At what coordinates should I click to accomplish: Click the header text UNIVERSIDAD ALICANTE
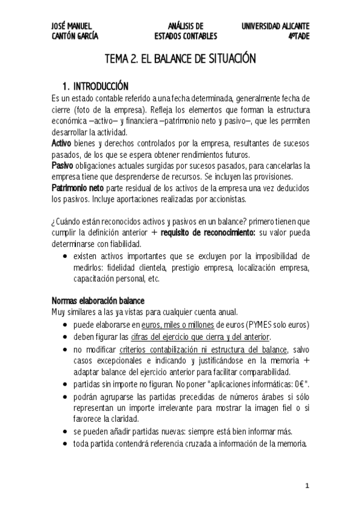point(275,26)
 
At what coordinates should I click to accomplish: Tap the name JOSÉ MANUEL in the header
point(72,26)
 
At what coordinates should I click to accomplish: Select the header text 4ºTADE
point(298,36)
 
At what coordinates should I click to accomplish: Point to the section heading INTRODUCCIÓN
point(101,86)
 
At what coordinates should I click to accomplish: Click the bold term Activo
point(61,143)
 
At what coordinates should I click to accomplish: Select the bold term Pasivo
point(62,165)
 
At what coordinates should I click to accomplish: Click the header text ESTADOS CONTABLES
point(186,36)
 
